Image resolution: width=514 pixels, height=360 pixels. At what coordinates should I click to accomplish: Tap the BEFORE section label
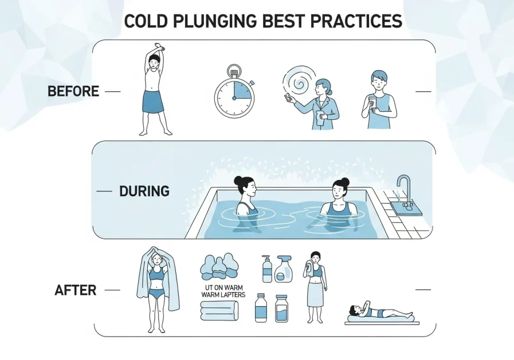point(73,91)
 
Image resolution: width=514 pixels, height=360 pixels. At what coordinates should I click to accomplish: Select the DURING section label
point(144,191)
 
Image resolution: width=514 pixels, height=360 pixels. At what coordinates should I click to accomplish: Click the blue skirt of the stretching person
point(153,101)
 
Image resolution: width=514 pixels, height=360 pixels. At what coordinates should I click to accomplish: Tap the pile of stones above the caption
point(219,267)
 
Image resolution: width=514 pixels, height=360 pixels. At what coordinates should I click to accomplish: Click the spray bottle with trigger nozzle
point(283,268)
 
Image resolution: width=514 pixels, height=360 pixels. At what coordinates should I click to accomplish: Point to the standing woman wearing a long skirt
point(316,287)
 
